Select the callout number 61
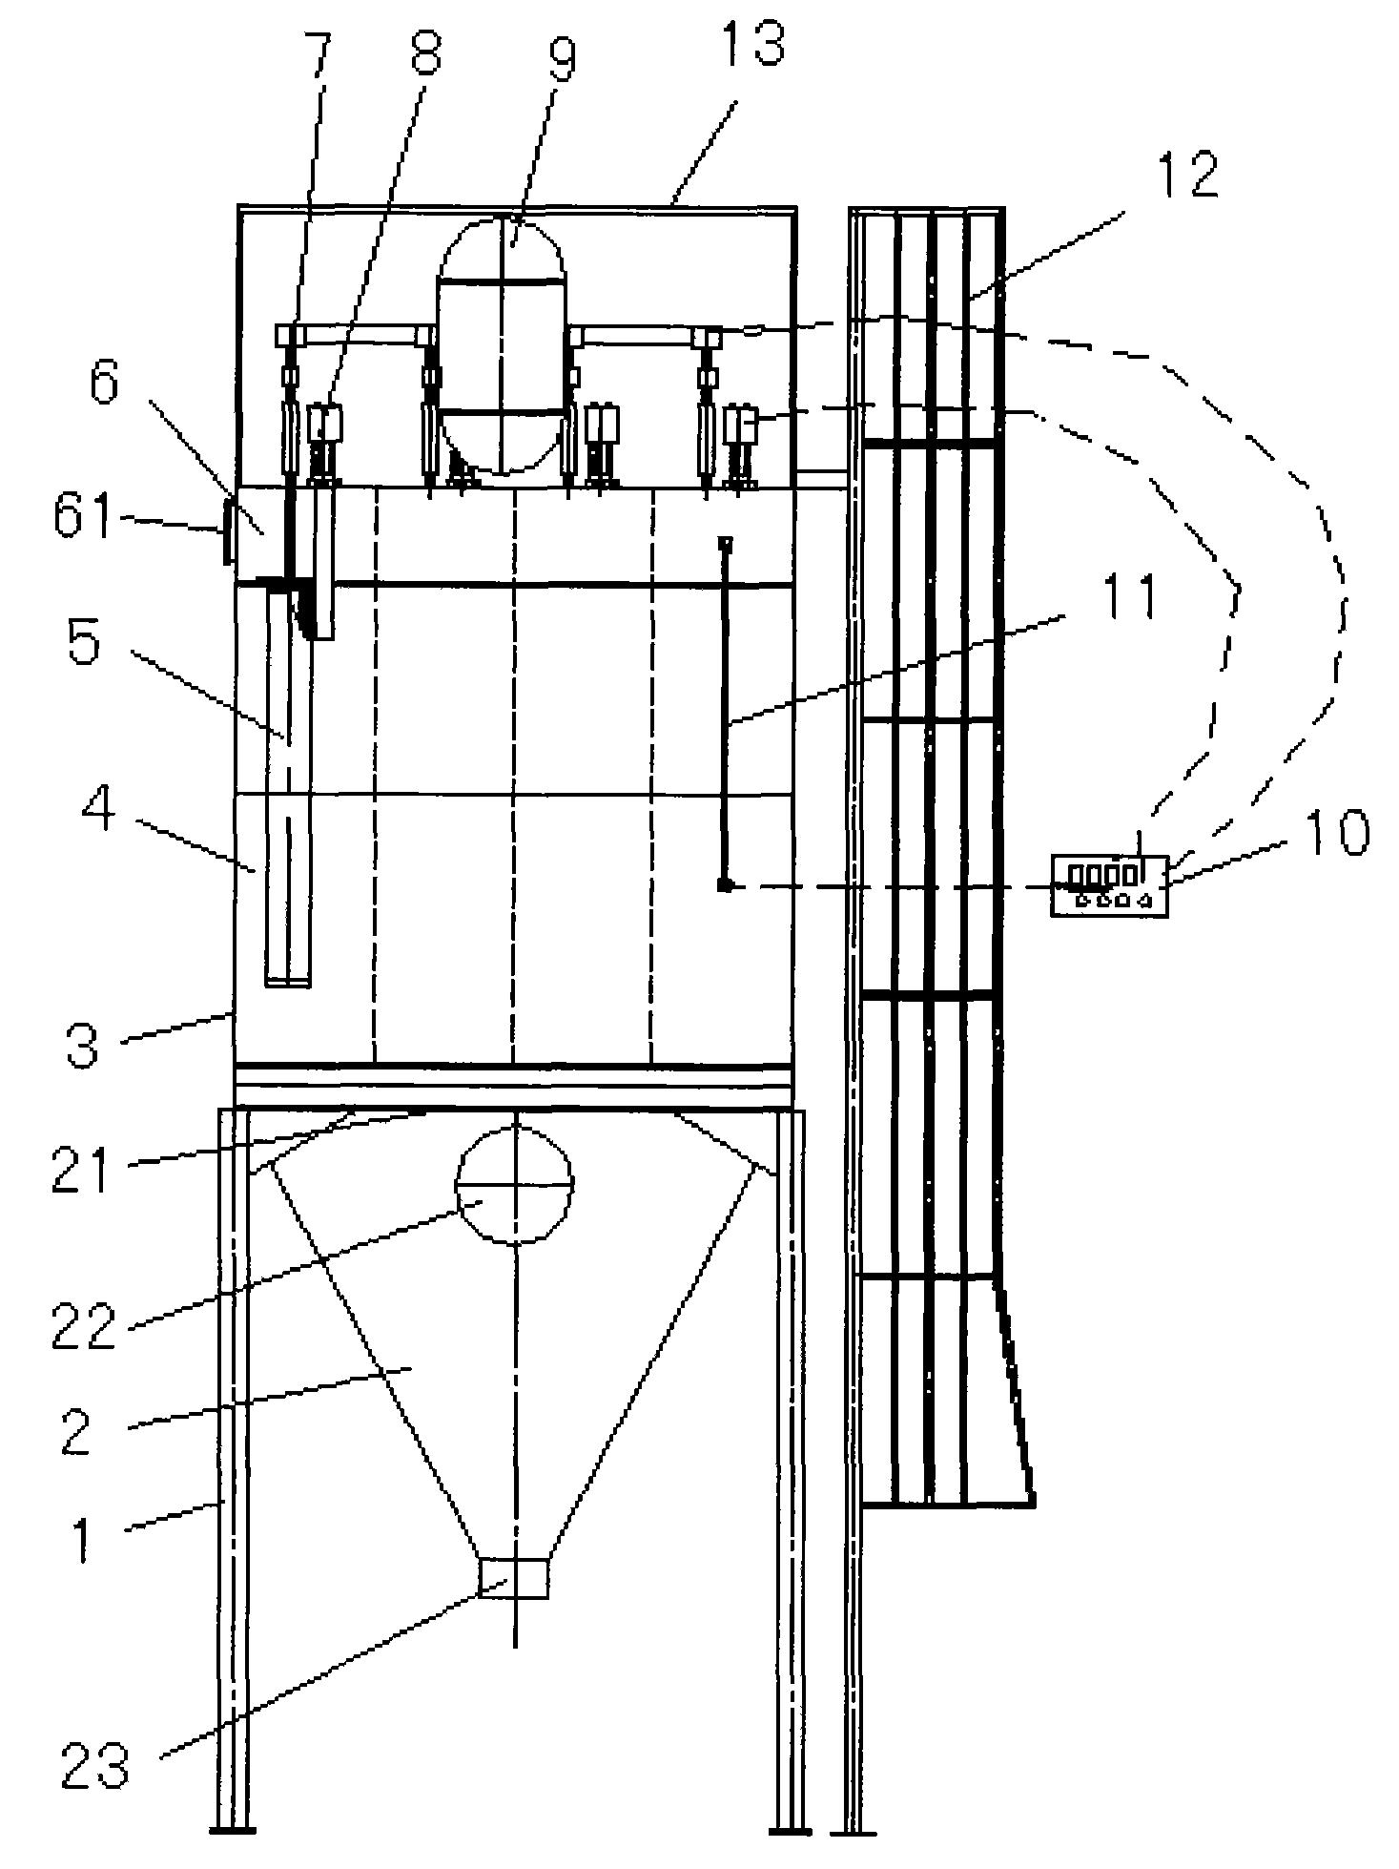84,521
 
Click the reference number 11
1126,599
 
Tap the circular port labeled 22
516,1184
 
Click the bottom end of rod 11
726,886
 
